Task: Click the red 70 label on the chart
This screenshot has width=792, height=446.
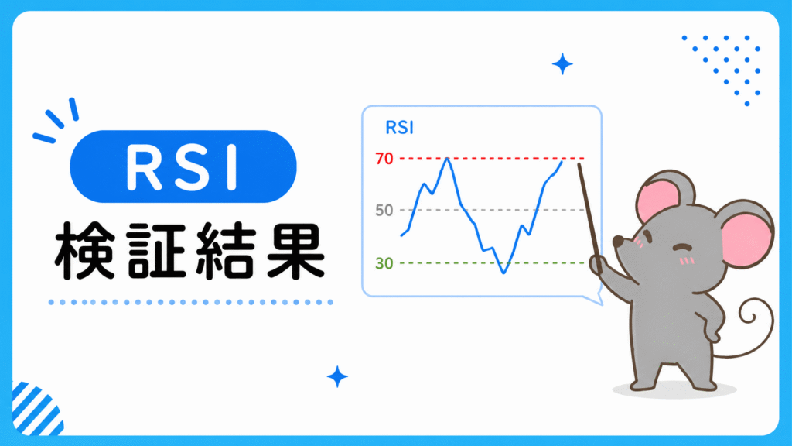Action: point(384,158)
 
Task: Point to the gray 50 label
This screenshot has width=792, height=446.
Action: point(384,211)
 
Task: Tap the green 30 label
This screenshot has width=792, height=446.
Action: point(384,263)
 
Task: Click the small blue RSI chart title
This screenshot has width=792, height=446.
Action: point(400,128)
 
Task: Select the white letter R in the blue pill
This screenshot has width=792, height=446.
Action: point(144,167)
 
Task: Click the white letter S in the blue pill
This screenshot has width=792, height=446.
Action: point(190,167)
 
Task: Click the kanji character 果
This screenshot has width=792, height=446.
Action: point(295,251)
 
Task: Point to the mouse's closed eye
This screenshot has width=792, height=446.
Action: point(682,247)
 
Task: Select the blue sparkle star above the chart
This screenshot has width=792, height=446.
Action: point(562,64)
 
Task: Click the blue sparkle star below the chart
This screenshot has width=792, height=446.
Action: point(337,377)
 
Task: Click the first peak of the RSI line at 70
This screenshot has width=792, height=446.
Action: point(447,159)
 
